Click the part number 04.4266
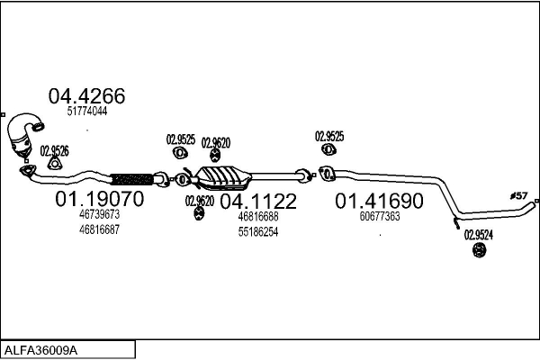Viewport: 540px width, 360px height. (86, 96)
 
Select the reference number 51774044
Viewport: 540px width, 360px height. (87, 112)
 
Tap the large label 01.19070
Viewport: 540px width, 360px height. (100, 199)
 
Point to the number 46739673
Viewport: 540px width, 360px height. (99, 214)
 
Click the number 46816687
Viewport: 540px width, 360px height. (99, 229)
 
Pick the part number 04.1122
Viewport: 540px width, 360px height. (258, 202)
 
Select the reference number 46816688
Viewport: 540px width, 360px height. (258, 217)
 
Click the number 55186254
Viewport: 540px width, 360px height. (258, 232)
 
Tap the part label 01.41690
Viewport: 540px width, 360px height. (379, 201)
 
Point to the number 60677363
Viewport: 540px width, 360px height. (380, 216)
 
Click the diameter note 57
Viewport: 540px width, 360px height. (519, 195)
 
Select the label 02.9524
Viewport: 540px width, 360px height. (479, 235)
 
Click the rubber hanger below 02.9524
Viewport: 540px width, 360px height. (479, 250)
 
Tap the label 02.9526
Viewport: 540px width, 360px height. (54, 151)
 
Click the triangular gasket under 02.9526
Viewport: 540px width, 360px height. (54, 164)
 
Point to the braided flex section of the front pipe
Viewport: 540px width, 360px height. (132, 179)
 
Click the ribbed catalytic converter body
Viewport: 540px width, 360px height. (223, 178)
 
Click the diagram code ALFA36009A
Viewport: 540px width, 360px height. (40, 350)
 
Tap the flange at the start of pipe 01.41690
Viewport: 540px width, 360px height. (327, 174)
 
